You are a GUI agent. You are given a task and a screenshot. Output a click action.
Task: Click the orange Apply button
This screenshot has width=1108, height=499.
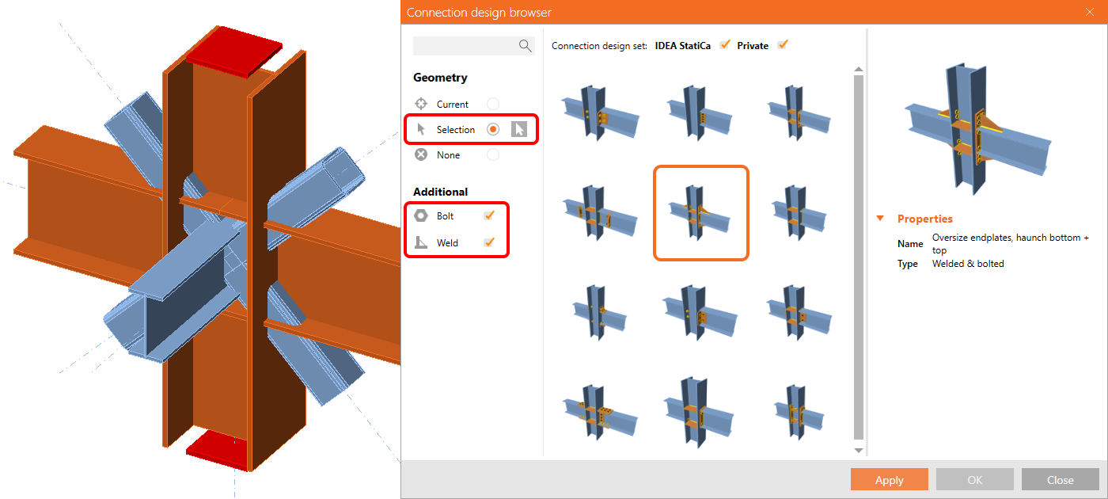889,480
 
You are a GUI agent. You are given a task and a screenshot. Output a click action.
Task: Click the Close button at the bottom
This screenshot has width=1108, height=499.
1060,480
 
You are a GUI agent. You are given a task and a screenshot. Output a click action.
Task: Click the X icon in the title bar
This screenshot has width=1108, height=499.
1090,12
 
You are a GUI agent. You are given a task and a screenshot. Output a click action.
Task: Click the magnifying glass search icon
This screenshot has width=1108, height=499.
526,46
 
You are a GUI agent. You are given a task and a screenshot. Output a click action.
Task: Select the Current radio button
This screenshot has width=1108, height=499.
492,104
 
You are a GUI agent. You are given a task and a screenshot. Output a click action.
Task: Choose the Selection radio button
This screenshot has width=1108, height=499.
492,129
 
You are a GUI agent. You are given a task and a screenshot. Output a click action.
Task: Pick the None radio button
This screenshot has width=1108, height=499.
492,155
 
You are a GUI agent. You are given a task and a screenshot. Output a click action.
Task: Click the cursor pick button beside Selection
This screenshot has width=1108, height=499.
519,129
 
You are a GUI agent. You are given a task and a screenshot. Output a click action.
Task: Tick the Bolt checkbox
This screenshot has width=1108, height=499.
489,215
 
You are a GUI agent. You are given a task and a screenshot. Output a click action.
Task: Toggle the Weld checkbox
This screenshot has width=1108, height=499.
489,242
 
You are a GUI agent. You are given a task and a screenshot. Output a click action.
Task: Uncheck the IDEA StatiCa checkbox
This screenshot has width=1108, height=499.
725,44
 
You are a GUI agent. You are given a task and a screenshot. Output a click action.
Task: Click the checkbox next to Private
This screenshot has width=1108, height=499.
783,44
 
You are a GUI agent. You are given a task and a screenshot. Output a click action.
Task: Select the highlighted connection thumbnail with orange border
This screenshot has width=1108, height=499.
701,213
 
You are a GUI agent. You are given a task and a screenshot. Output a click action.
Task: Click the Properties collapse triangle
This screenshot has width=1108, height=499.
880,219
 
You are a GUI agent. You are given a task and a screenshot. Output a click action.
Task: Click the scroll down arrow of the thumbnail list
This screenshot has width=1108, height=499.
859,451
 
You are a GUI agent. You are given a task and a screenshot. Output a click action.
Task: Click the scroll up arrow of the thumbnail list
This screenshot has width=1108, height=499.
859,70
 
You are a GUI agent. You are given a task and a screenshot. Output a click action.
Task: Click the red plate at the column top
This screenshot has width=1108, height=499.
233,51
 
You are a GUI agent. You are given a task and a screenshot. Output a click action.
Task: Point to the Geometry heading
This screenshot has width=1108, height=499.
440,78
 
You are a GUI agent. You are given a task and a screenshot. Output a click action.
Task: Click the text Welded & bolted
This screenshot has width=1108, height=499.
968,263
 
